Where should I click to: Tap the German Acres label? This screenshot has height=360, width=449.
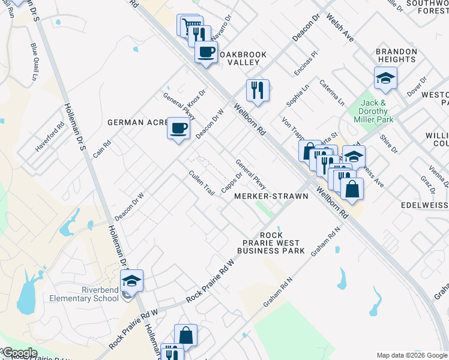click(x=136, y=122)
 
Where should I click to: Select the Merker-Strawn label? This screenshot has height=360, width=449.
click(x=271, y=196)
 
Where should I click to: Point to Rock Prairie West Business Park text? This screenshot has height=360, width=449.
click(x=271, y=242)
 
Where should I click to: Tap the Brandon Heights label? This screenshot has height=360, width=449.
click(x=396, y=55)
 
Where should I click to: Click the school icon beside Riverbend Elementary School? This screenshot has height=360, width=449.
click(x=131, y=280)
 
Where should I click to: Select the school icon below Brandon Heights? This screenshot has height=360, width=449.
click(x=385, y=78)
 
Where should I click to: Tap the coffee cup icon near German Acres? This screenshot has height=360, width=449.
click(x=178, y=128)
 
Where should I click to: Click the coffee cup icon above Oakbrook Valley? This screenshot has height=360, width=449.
click(x=206, y=52)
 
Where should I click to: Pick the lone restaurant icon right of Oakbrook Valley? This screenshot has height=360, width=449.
click(x=258, y=91)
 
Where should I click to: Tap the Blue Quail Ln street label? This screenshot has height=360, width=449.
click(x=34, y=61)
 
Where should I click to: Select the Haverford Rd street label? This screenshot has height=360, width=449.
click(x=49, y=137)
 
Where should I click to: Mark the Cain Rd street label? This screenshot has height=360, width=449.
click(x=101, y=149)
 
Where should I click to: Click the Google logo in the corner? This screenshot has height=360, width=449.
click(x=20, y=353)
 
